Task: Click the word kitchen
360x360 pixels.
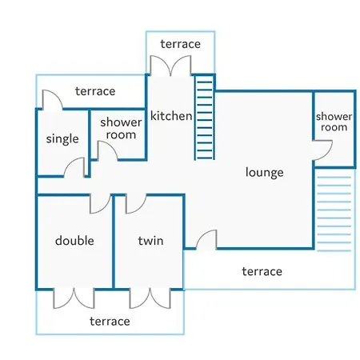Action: pyautogui.click(x=171, y=116)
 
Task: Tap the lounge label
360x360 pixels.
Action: pyautogui.click(x=264, y=172)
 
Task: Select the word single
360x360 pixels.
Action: pyautogui.click(x=62, y=138)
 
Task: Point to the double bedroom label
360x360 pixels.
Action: pyautogui.click(x=74, y=241)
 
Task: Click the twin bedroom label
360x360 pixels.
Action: pyautogui.click(x=150, y=241)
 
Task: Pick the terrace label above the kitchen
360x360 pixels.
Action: pyautogui.click(x=181, y=44)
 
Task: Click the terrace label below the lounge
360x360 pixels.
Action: pyautogui.click(x=262, y=271)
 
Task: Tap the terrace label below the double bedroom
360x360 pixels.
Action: pyautogui.click(x=110, y=322)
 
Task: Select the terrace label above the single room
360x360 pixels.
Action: pyautogui.click(x=95, y=91)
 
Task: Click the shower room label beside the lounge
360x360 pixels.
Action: pyautogui.click(x=334, y=122)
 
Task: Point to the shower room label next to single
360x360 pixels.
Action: pyautogui.click(x=121, y=129)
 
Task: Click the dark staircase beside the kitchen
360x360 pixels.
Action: pyautogui.click(x=205, y=118)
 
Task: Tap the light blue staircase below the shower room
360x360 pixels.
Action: pyautogui.click(x=334, y=214)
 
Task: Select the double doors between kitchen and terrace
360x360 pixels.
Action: pyautogui.click(x=170, y=66)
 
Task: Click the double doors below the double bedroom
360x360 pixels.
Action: pyautogui.click(x=74, y=298)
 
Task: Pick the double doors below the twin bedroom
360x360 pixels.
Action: pyautogui.click(x=150, y=298)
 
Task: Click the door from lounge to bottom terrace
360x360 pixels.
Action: pyautogui.click(x=206, y=239)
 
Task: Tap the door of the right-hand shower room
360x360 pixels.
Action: pyautogui.click(x=322, y=150)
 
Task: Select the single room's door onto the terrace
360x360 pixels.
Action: pyautogui.click(x=53, y=100)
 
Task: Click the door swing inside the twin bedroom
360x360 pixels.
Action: pyautogui.click(x=136, y=204)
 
